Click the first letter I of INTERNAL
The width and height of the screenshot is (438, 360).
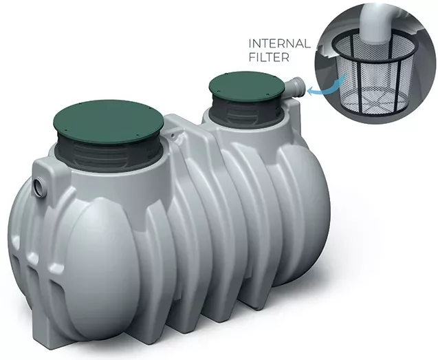(250, 45)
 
